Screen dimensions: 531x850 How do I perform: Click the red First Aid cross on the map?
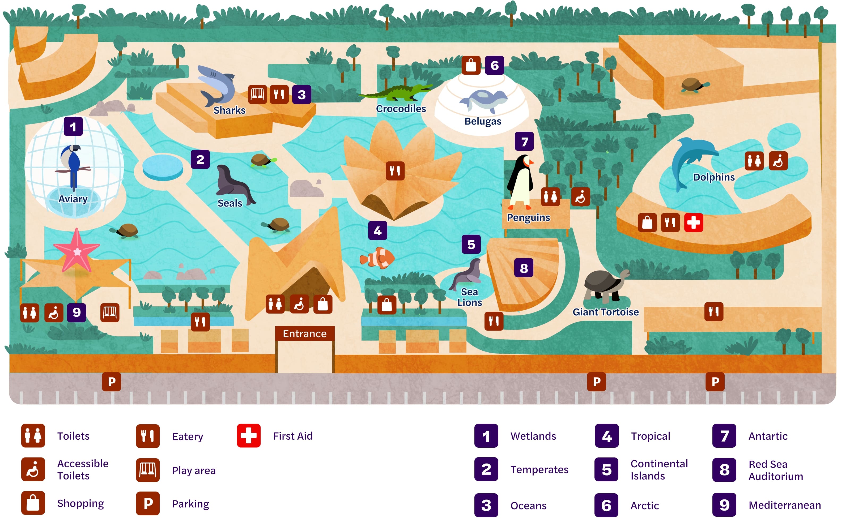pyautogui.click(x=693, y=222)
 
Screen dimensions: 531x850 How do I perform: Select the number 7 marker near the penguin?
pyautogui.click(x=524, y=142)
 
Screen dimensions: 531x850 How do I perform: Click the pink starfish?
pyautogui.click(x=76, y=250)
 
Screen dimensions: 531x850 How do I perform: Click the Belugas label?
pyautogui.click(x=483, y=121)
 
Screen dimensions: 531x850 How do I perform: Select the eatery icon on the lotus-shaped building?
pyautogui.click(x=395, y=171)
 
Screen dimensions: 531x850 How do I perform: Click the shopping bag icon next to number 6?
pyautogui.click(x=471, y=65)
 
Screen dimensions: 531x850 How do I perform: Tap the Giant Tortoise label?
pyautogui.click(x=605, y=312)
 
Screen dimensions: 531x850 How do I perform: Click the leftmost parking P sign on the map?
pyautogui.click(x=111, y=382)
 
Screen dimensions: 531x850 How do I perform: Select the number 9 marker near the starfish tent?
pyautogui.click(x=76, y=312)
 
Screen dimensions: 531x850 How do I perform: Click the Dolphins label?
pyautogui.click(x=714, y=177)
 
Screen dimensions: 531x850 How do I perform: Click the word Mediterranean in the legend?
pyautogui.click(x=784, y=505)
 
